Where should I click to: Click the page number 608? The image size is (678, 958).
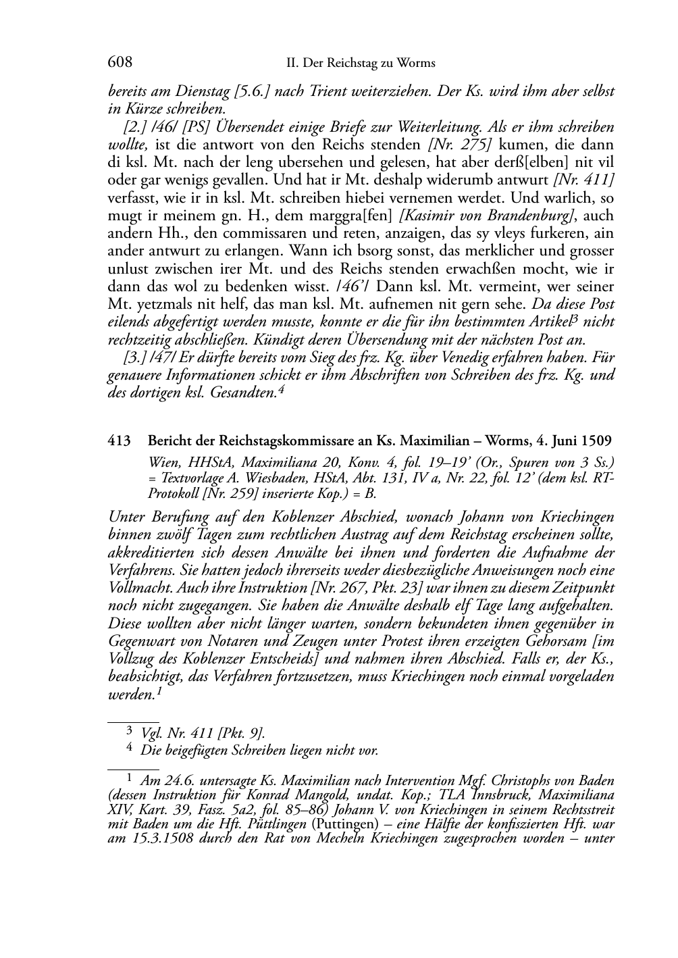(x=120, y=63)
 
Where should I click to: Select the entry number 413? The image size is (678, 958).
(x=120, y=441)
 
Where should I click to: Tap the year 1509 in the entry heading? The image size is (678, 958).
(x=598, y=441)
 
